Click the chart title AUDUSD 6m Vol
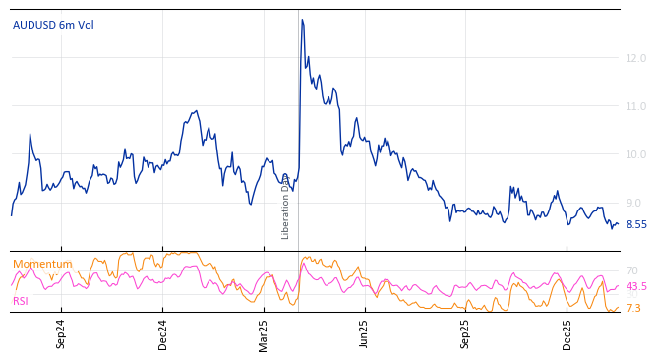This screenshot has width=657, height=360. [53, 25]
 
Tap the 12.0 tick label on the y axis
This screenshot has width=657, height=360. [635, 58]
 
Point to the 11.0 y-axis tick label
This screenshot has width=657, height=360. [635, 106]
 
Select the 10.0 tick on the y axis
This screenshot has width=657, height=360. [635, 154]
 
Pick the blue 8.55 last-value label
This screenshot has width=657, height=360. [636, 224]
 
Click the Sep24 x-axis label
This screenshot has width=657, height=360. [61, 333]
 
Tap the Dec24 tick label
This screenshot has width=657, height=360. [163, 333]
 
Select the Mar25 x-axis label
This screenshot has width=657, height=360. [264, 333]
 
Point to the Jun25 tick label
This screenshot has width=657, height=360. [364, 333]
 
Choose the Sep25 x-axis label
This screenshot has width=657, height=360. [466, 333]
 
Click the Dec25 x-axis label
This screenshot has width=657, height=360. [567, 333]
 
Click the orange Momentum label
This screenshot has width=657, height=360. [42, 264]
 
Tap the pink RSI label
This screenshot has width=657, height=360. [21, 301]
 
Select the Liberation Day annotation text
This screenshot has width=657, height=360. [286, 207]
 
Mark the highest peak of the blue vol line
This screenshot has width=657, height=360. [302, 20]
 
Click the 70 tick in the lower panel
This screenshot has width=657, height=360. [632, 270]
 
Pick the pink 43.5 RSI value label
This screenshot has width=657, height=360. [636, 286]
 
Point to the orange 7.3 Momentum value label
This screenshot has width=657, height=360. [633, 308]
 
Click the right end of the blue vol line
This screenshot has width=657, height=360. [618, 224]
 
